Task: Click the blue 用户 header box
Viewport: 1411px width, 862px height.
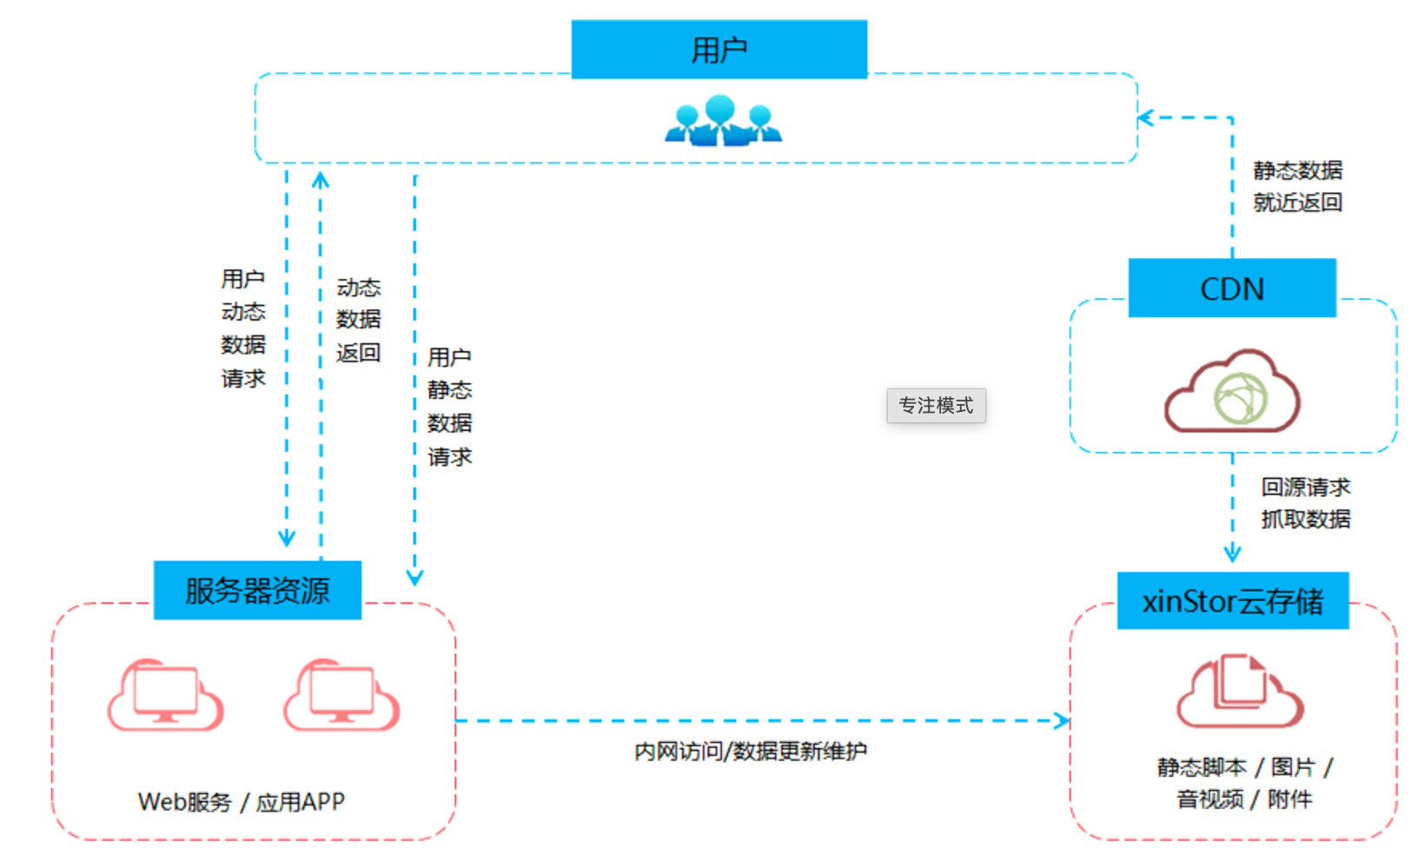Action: point(719,50)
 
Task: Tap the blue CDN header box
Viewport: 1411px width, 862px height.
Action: point(1231,288)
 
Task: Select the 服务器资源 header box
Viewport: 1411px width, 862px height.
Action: point(258,590)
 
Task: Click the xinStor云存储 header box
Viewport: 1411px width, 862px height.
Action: point(1233,600)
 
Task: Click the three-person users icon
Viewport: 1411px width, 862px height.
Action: point(723,121)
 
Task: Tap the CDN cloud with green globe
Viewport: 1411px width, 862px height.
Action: point(1231,391)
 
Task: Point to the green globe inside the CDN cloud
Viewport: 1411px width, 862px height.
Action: point(1241,398)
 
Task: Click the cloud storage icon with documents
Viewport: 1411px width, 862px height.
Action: point(1240,691)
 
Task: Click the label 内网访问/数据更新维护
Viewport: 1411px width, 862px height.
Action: point(750,751)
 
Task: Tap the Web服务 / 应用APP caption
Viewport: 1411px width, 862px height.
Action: point(242,801)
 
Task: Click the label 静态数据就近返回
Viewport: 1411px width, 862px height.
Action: point(1297,186)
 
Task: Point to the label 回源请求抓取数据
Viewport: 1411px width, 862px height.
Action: point(1305,503)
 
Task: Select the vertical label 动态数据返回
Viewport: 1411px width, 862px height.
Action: point(358,320)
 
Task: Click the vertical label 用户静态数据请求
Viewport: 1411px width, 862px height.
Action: point(449,407)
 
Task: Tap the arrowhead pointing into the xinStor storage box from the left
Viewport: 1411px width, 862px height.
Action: point(1063,720)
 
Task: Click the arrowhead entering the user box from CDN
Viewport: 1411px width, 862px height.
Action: point(1145,118)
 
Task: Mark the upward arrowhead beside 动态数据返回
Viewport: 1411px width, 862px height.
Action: point(321,180)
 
